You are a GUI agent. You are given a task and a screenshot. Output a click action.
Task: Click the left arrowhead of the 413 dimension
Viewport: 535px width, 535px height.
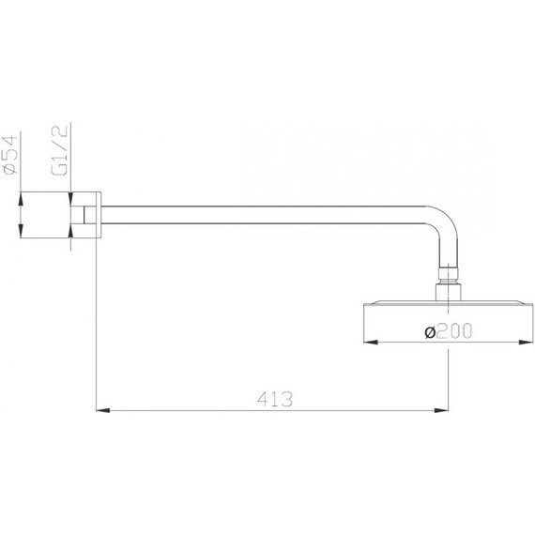tap(102, 409)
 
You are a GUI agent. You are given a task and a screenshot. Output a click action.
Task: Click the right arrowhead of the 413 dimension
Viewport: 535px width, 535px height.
tap(440, 409)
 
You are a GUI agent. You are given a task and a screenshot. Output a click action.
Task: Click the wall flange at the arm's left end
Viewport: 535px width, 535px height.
tap(94, 216)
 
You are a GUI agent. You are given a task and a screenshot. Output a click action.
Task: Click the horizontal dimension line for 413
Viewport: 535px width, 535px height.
tap(188, 409)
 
